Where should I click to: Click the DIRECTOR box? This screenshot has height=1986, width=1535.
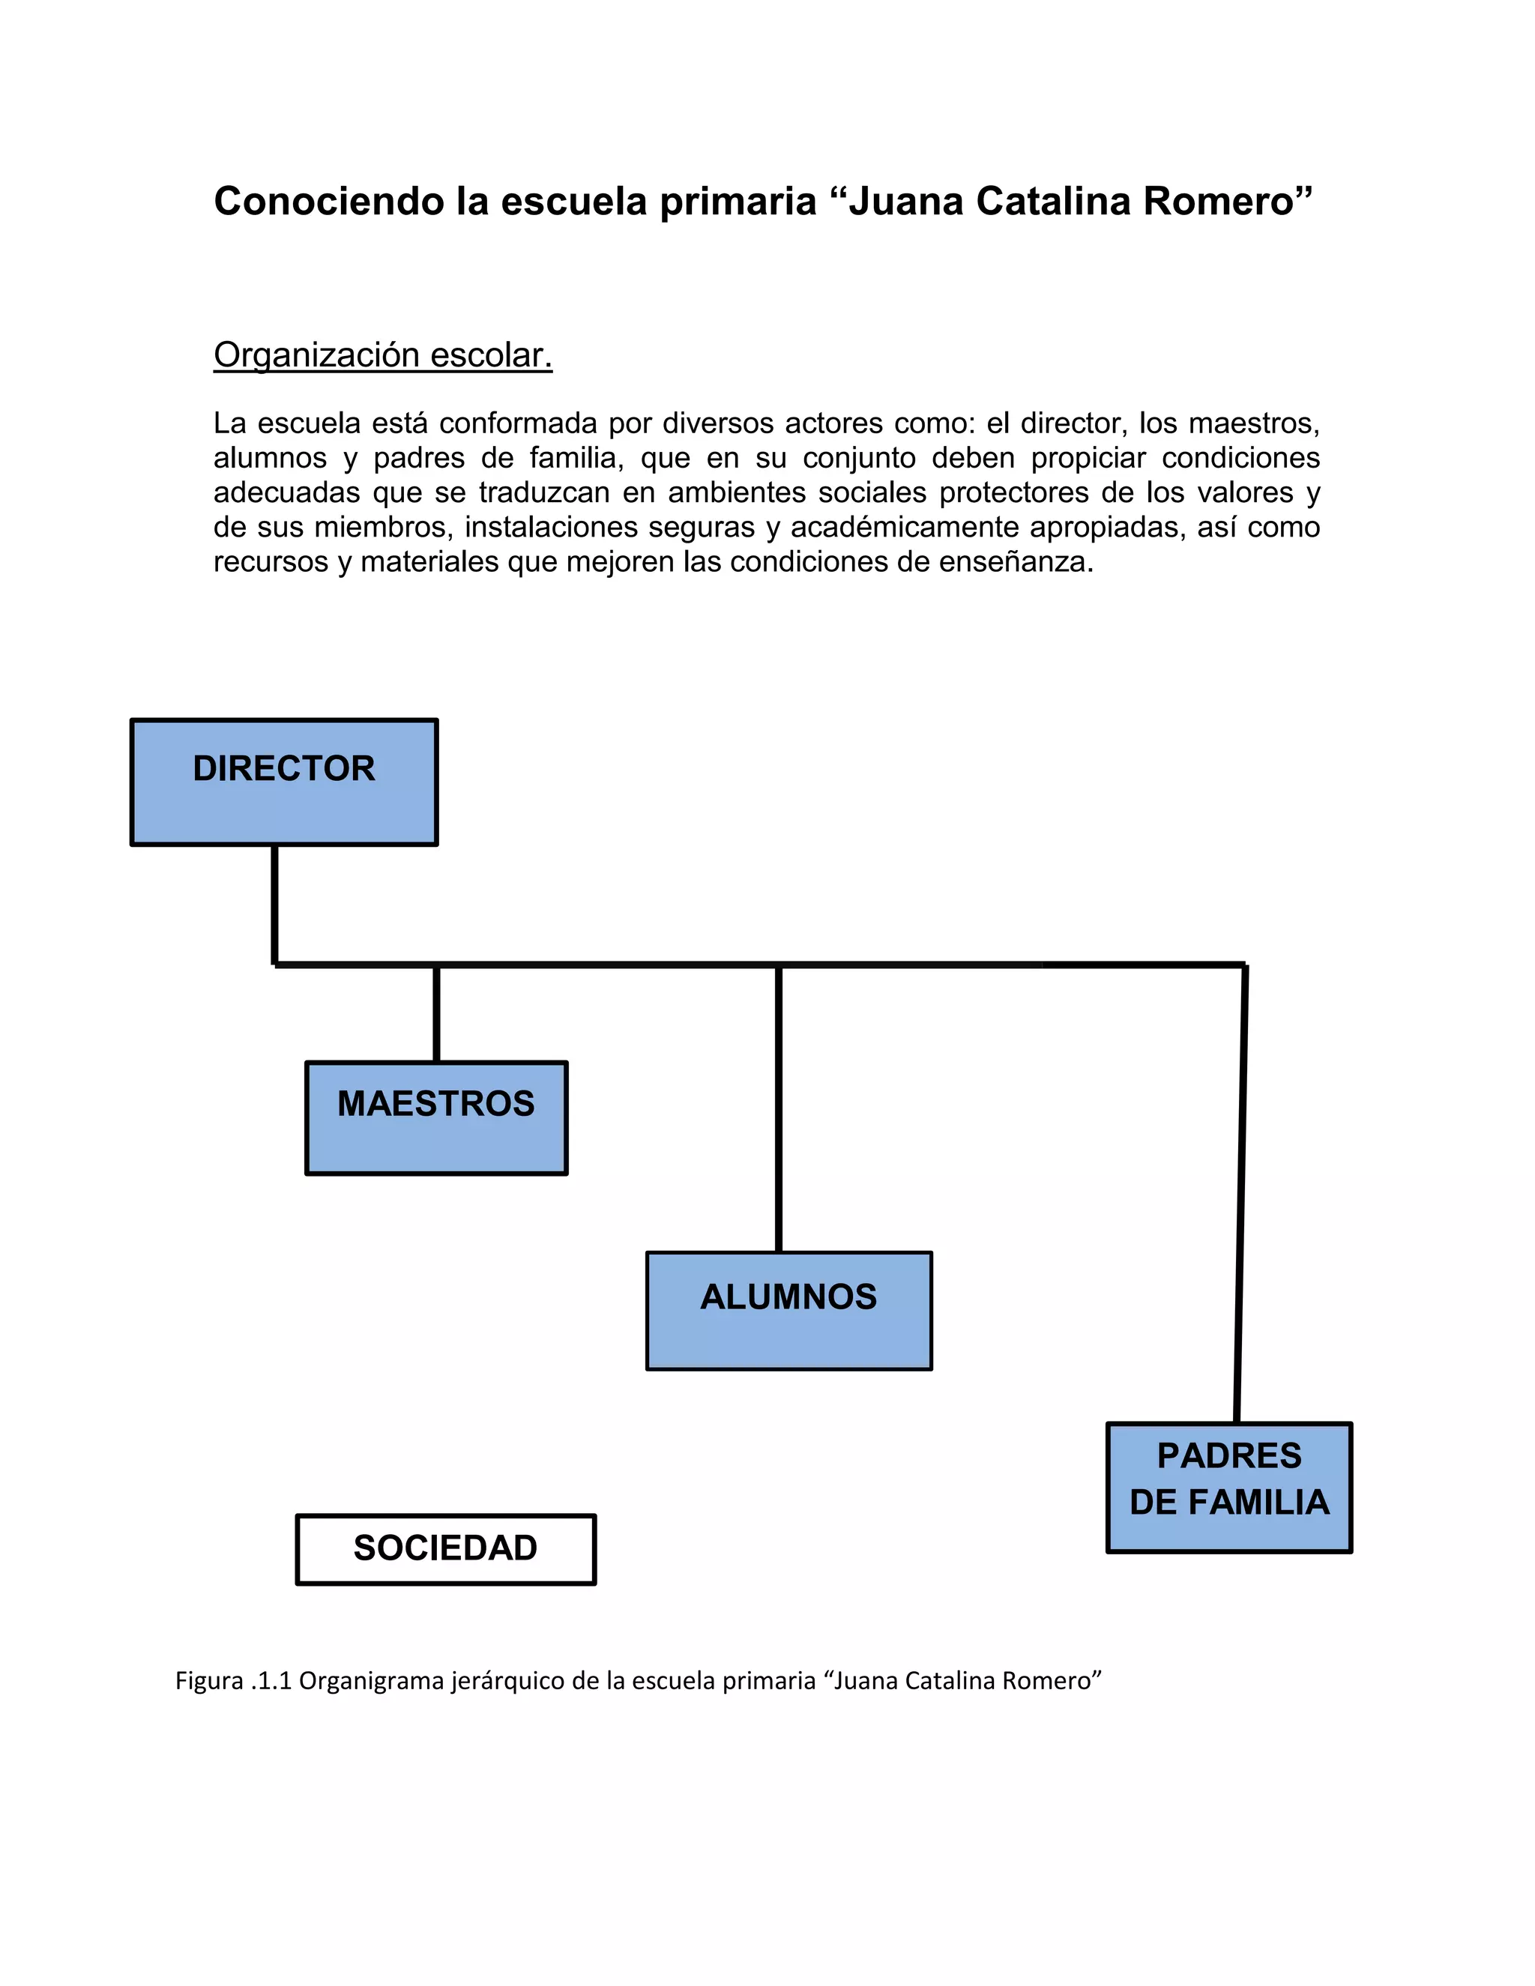(284, 782)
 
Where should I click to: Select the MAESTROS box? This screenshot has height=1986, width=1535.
(436, 1117)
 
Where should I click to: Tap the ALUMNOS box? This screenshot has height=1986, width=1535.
(788, 1310)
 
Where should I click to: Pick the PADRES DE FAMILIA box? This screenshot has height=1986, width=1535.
(1228, 1487)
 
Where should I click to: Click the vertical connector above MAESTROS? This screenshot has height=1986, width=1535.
(436, 1012)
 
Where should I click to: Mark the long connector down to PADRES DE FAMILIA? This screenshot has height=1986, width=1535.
(1240, 1192)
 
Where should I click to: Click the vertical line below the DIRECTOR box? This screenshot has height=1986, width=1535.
(274, 903)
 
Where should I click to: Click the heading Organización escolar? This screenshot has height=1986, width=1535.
(383, 354)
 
